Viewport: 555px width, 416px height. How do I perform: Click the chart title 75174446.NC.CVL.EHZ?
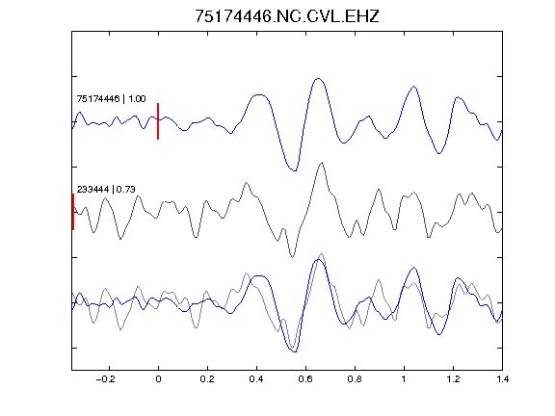287,16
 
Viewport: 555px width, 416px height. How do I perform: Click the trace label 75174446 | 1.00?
111,98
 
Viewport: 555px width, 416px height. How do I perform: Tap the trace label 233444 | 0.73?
106,190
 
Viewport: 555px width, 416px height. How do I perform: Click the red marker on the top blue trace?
158,121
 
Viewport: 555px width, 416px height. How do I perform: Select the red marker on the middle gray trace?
73,212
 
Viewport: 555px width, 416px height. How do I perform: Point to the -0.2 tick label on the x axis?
106,379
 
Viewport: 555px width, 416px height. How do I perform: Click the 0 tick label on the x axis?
158,379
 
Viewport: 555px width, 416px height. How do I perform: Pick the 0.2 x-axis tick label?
207,379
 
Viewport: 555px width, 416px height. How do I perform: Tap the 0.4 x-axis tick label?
256,379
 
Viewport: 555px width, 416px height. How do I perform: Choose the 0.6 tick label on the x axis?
305,379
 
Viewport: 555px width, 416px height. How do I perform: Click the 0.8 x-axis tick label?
355,379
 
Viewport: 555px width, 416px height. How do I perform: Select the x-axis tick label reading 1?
404,379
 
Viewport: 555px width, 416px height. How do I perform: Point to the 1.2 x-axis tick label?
453,379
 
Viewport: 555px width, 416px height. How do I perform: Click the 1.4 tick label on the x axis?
502,379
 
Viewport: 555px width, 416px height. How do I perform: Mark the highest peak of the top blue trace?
319,79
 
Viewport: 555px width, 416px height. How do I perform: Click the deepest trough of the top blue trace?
295,170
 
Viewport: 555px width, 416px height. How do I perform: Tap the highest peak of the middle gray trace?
322,163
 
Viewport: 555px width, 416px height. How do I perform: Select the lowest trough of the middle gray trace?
292,257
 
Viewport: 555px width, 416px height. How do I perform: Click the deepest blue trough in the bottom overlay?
295,351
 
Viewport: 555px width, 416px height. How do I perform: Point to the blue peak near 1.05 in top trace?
413,87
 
